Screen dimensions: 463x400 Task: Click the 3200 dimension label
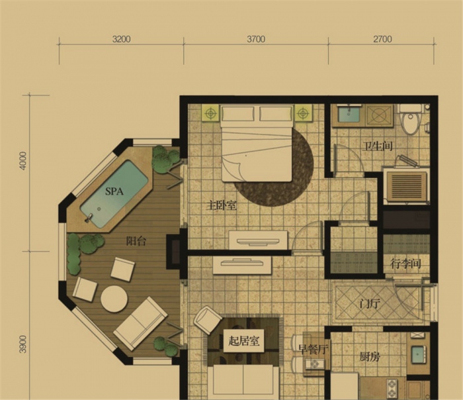(x=121, y=39)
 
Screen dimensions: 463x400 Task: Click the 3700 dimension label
(x=256, y=39)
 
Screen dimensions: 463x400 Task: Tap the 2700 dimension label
(x=382, y=39)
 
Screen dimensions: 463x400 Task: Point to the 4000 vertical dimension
(x=22, y=160)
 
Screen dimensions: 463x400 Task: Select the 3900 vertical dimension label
(x=22, y=344)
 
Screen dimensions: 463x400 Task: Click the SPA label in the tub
(x=114, y=191)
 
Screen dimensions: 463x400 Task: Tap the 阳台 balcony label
(x=136, y=242)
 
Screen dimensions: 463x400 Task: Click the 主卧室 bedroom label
(x=222, y=205)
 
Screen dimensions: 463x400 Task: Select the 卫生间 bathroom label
(x=378, y=146)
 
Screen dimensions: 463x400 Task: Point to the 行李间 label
(x=405, y=264)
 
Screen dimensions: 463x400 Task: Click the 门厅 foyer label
(x=370, y=303)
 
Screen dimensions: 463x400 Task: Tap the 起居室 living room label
(x=244, y=341)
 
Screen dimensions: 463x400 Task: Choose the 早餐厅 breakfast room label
(x=314, y=350)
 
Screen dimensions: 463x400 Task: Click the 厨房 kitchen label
(x=370, y=357)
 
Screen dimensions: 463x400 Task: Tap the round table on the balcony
(x=114, y=299)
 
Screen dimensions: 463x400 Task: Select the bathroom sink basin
(x=349, y=115)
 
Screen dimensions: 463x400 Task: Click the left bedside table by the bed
(x=210, y=113)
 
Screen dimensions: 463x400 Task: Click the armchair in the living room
(x=207, y=320)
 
